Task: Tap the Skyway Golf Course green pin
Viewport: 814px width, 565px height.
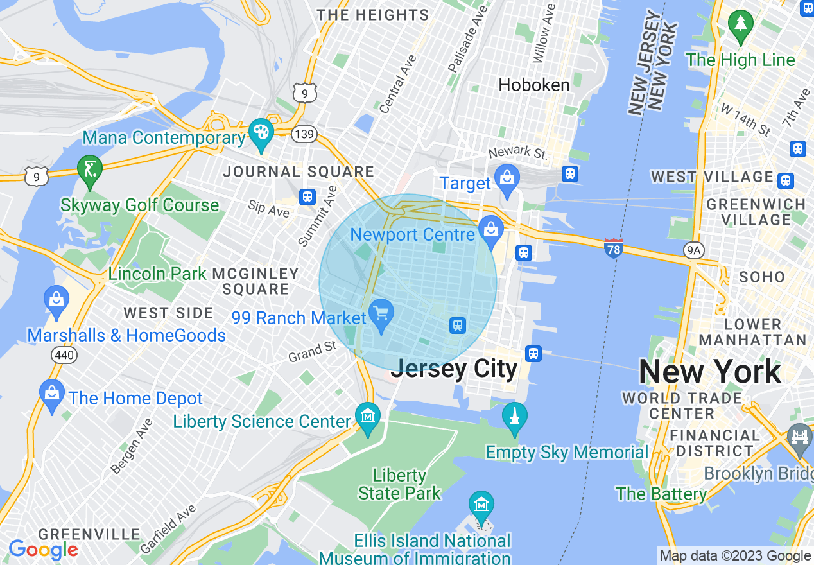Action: [x=90, y=169]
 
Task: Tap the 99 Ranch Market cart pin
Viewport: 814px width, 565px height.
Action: [x=382, y=314]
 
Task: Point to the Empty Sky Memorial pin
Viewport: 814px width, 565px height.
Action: [x=514, y=417]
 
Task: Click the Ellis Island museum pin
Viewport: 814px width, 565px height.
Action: [x=481, y=505]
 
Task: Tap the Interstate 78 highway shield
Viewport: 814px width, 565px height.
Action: [x=614, y=248]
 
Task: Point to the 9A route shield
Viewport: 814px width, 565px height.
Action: [x=693, y=250]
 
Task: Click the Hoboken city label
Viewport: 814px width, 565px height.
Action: [x=534, y=85]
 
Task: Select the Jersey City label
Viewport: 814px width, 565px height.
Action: [x=454, y=369]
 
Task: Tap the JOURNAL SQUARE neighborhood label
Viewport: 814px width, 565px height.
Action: [x=299, y=171]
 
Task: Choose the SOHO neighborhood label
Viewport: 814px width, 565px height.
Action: [x=762, y=277]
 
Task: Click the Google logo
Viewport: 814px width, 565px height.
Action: [x=44, y=550]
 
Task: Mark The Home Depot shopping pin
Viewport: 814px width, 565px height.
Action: [x=52, y=394]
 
